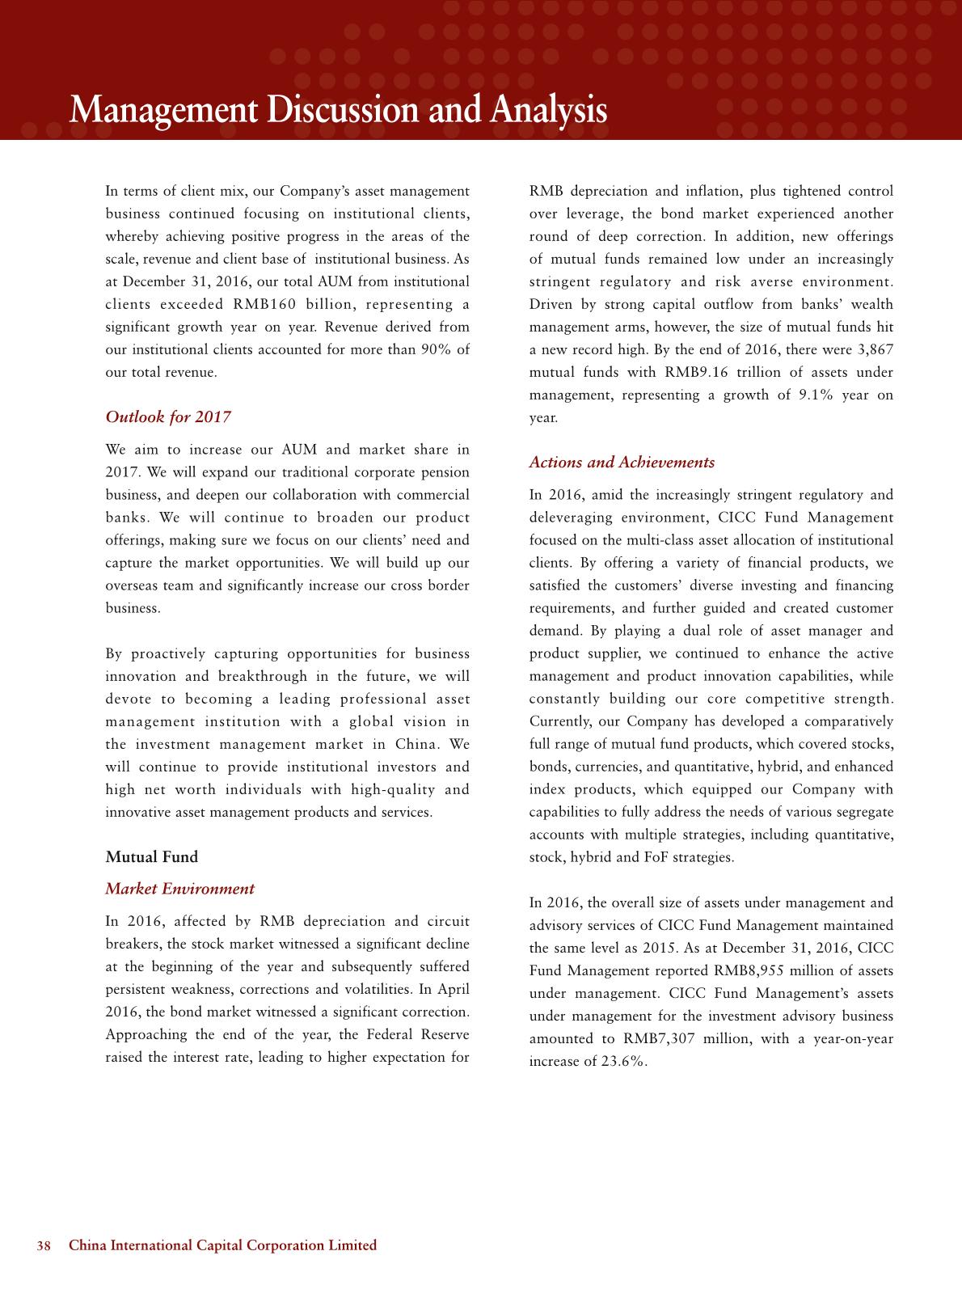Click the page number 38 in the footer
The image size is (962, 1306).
point(44,1245)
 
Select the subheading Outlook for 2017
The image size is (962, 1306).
point(168,417)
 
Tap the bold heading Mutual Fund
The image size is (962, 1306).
point(152,857)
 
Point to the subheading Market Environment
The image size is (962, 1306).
point(179,889)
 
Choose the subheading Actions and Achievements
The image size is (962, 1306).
point(622,463)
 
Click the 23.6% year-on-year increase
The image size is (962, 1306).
point(624,1062)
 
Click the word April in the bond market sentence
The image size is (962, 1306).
point(453,989)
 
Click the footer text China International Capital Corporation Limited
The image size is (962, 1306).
point(223,1245)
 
